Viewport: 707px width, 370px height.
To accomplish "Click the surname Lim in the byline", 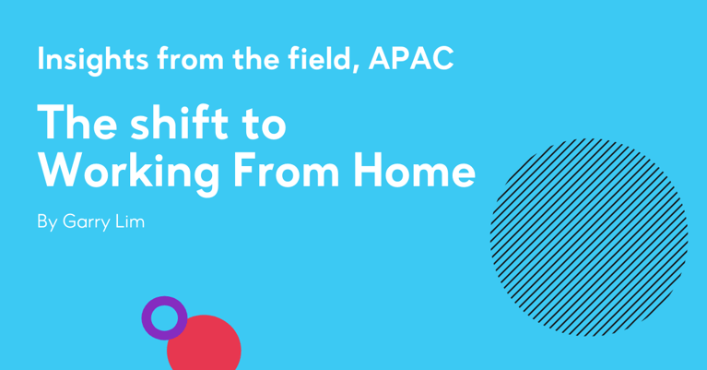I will [133, 222].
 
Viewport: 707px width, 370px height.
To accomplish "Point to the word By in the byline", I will [46, 223].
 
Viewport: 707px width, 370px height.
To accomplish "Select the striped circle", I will [589, 237].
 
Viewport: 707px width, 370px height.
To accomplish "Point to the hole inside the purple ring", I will [164, 318].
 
